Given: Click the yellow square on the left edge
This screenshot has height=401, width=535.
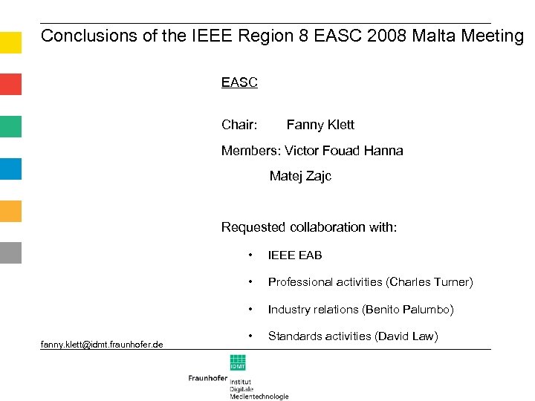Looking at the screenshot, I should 10,42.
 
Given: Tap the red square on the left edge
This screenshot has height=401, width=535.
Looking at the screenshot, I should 10,84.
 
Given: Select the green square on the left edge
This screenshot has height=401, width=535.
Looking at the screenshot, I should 10,126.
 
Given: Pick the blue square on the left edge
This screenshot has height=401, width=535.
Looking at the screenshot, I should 10,169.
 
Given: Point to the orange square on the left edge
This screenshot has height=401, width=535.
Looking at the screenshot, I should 10,211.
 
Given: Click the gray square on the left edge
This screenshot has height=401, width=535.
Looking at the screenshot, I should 10,253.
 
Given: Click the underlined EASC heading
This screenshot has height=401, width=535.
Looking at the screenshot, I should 239,82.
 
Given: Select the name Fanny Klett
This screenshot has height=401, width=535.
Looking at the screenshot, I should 320,125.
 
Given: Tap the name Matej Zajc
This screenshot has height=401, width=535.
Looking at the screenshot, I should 300,176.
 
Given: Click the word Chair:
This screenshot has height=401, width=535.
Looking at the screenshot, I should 239,125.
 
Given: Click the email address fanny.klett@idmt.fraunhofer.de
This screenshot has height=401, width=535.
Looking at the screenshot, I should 103,343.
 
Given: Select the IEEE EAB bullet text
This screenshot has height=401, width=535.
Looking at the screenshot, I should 295,255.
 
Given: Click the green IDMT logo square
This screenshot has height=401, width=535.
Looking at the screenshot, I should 238,362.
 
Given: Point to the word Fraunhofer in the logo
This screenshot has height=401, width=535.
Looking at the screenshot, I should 207,378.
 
